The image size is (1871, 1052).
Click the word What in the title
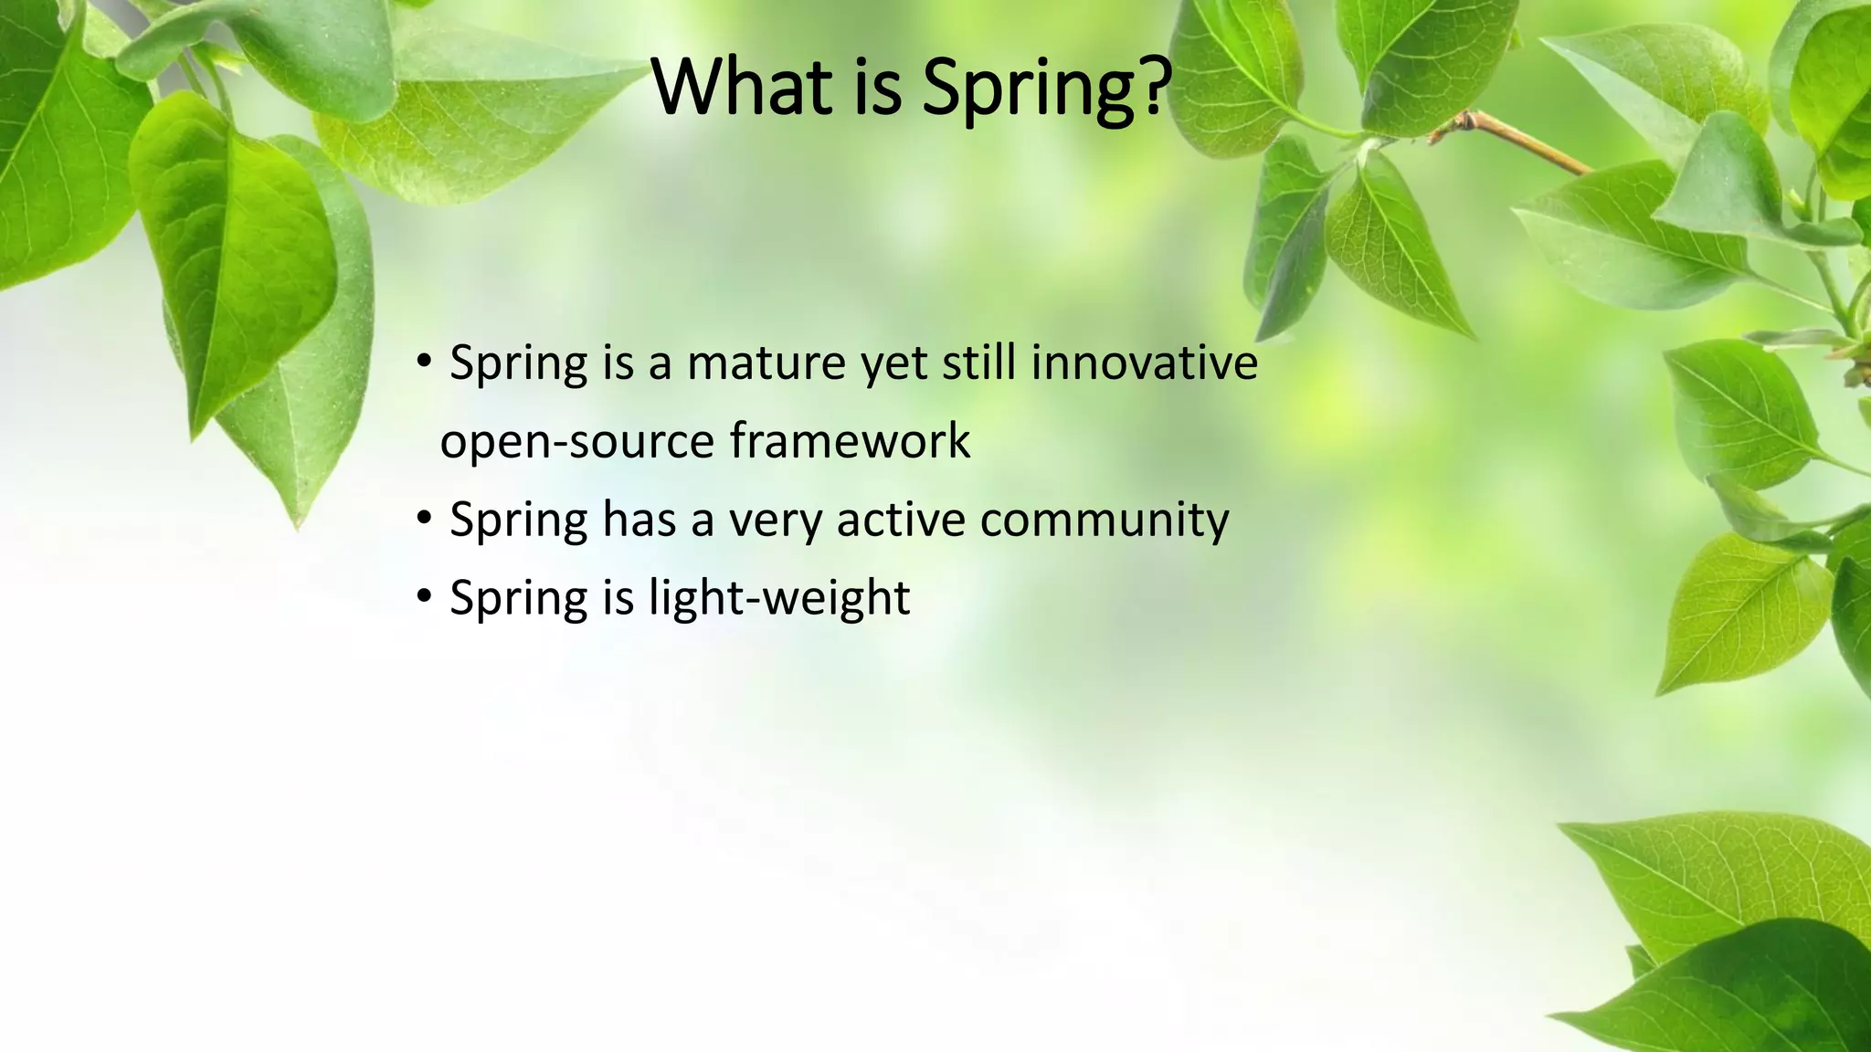point(742,87)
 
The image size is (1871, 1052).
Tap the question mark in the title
point(1154,87)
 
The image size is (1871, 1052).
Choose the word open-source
point(576,443)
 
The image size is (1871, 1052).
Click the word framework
point(850,441)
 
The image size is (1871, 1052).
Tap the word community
point(1104,521)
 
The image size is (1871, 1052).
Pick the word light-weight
point(779,599)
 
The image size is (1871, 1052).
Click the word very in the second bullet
point(774,521)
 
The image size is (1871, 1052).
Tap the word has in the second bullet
point(639,520)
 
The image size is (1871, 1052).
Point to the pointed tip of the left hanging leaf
point(298,526)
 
